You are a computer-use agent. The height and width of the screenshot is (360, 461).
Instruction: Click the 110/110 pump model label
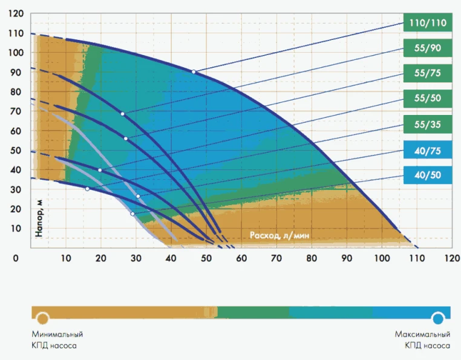click(x=427, y=24)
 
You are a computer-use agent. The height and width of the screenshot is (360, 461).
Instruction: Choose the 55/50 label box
click(x=427, y=99)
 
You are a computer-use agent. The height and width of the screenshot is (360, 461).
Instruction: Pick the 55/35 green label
click(x=427, y=125)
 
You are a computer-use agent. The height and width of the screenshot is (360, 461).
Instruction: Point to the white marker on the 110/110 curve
click(x=194, y=72)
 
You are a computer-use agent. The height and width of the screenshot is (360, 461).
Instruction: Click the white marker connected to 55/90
click(x=122, y=114)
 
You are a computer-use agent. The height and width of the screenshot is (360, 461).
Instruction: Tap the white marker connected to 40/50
click(x=132, y=214)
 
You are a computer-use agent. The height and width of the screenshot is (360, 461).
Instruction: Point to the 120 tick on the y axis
click(x=16, y=14)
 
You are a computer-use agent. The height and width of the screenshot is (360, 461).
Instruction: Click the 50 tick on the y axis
click(x=16, y=151)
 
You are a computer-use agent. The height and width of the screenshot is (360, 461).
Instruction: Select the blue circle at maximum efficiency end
click(x=438, y=318)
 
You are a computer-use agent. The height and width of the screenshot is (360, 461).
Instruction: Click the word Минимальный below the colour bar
click(x=57, y=335)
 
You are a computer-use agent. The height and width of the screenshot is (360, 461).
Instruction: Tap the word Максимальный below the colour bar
click(x=422, y=335)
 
